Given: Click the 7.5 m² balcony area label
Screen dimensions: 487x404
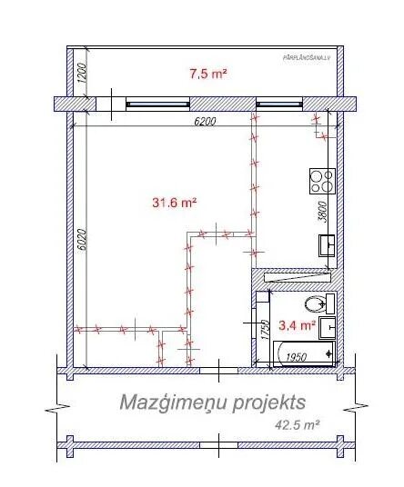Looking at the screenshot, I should tap(207, 75).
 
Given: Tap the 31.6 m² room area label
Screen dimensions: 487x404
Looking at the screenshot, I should tap(174, 203).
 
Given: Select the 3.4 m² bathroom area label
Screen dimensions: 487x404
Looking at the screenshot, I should tap(296, 323).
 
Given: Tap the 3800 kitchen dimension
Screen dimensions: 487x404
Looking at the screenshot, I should tap(335, 212).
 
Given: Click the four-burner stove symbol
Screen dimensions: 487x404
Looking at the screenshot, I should tap(320, 181).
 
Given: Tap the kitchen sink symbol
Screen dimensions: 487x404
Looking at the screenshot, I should tap(326, 244).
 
